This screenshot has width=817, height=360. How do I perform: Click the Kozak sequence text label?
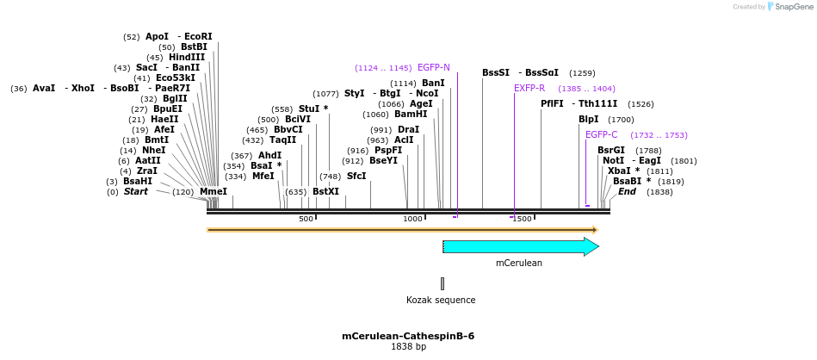[441, 301]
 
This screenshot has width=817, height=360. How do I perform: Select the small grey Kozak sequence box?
[443, 283]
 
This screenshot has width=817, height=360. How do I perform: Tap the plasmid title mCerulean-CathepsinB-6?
[408, 336]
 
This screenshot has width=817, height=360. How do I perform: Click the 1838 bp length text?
[408, 347]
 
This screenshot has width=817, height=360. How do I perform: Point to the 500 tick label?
[306, 220]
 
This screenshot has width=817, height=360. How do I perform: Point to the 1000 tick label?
[413, 220]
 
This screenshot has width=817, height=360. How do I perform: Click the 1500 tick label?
[522, 220]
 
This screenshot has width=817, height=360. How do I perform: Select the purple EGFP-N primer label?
[433, 67]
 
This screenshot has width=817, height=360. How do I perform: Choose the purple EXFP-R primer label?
[529, 88]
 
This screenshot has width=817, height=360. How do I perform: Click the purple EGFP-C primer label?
[601, 134]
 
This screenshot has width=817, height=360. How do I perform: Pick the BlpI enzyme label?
[588, 119]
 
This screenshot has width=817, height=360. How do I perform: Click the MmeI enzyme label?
[214, 191]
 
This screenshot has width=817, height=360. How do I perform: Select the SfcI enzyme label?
[356, 176]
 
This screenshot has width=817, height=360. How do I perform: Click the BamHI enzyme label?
[411, 114]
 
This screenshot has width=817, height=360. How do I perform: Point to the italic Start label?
[136, 191]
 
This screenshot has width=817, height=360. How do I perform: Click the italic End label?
[627, 191]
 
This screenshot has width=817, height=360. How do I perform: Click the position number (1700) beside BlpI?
[621, 120]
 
